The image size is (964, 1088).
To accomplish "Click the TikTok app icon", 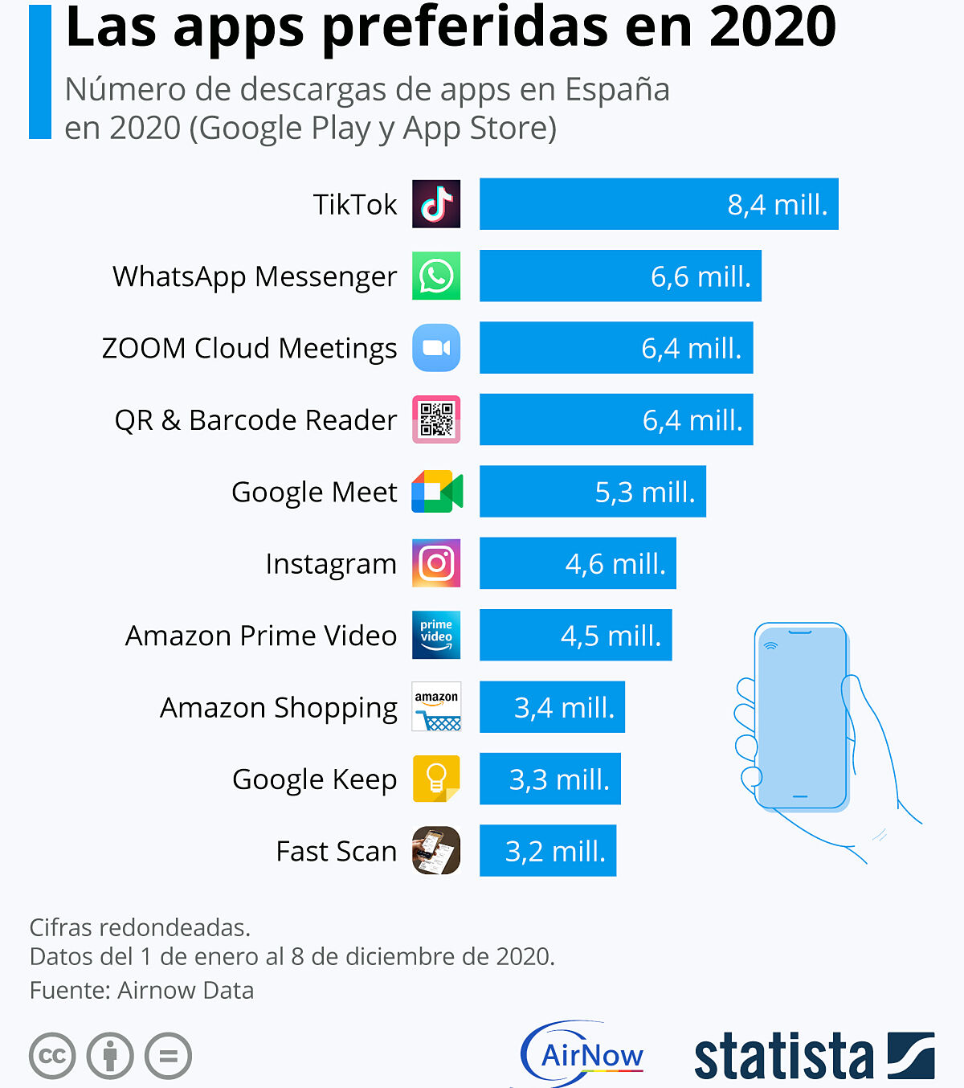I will click(x=436, y=204).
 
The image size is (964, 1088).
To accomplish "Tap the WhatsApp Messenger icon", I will click(x=436, y=276).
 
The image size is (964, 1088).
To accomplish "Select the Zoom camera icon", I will click(x=436, y=348).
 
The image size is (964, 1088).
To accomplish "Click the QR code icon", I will click(x=436, y=419).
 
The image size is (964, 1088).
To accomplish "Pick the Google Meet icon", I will click(x=437, y=492).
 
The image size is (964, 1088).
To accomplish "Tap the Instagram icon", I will click(x=436, y=563).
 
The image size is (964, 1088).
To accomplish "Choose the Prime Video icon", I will click(x=436, y=635).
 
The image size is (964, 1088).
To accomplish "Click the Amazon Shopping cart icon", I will click(x=436, y=707).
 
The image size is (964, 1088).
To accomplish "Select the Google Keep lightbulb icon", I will click(x=436, y=779).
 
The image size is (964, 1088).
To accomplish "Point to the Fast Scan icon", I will click(x=436, y=850).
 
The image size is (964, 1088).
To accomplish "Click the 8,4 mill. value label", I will click(x=777, y=205).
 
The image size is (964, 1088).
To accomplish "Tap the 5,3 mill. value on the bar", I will click(x=644, y=492).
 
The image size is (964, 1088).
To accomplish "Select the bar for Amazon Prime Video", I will click(x=575, y=635).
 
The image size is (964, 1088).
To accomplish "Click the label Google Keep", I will click(x=314, y=779).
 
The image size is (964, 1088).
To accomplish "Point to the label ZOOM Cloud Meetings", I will click(x=249, y=348).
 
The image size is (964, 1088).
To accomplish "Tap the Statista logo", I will click(x=813, y=1056).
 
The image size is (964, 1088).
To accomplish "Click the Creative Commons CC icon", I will click(x=52, y=1055).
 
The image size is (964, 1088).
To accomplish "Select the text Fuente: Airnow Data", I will click(x=141, y=990).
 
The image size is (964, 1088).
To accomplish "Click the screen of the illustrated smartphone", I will click(x=800, y=715).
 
